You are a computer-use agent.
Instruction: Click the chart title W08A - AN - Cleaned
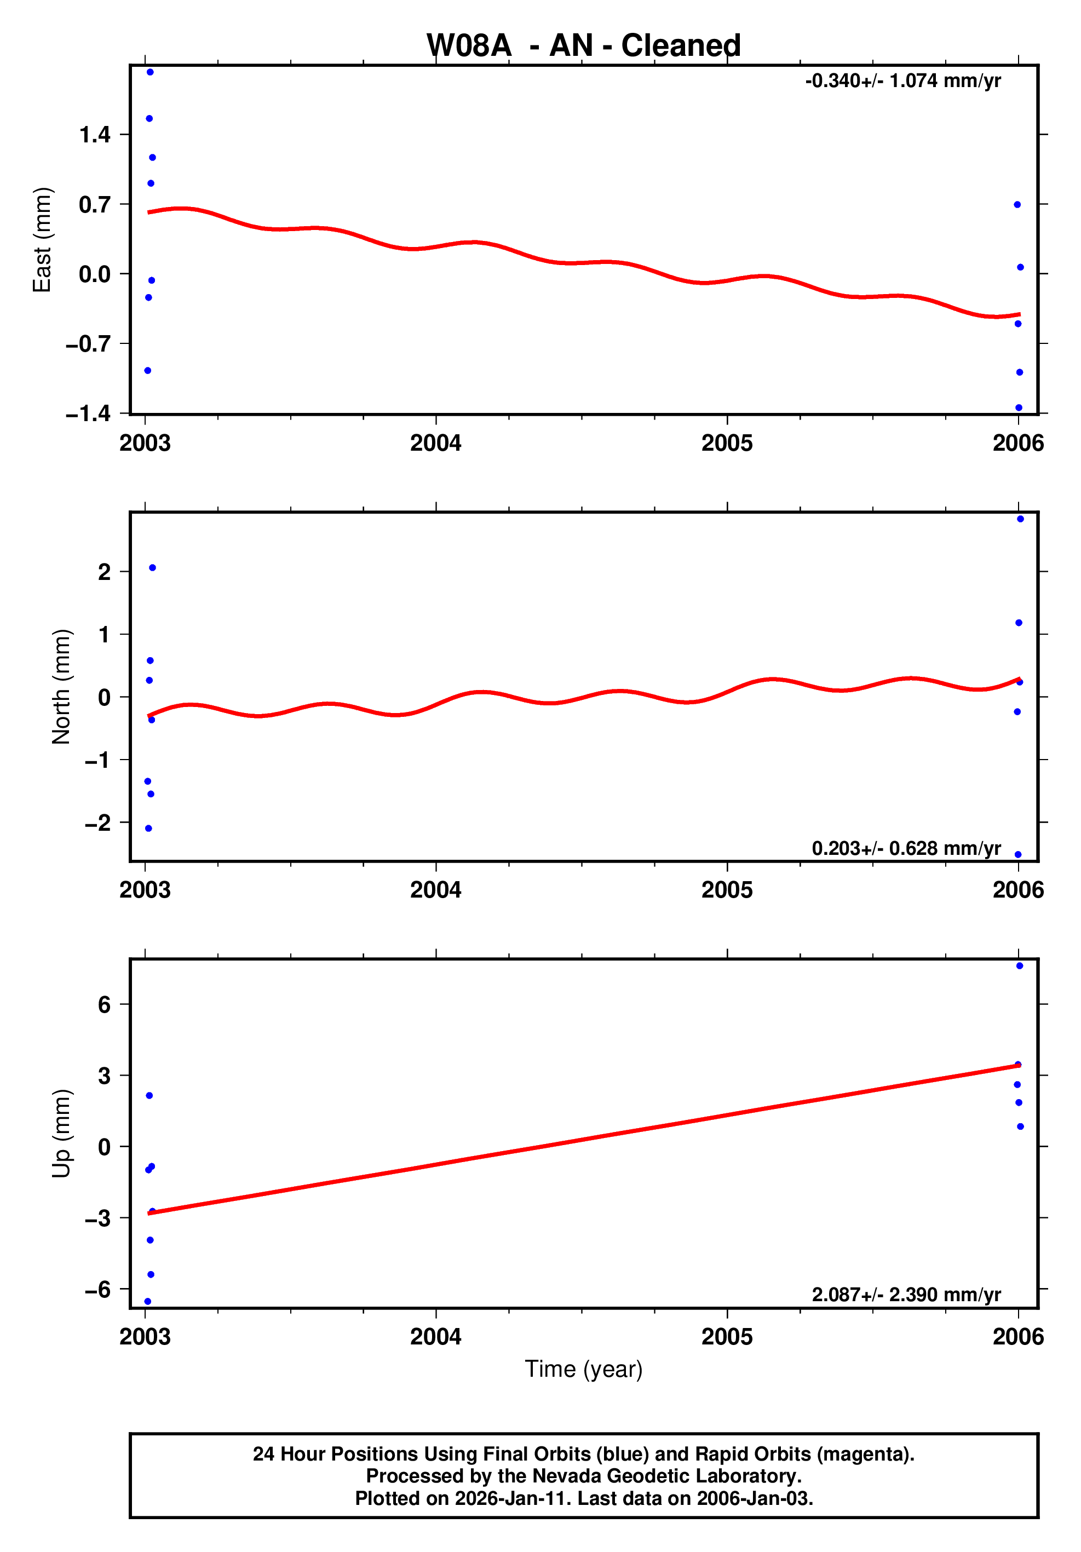point(583,46)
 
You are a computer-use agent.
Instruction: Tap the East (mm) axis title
point(42,240)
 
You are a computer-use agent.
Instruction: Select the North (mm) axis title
point(61,687)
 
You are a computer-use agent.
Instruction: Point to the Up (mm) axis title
point(61,1134)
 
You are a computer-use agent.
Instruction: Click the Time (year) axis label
point(583,1369)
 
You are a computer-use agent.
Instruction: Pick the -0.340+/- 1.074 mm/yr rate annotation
point(902,81)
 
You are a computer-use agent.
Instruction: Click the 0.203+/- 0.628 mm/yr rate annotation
point(906,848)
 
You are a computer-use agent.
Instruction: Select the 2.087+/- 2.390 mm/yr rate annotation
point(906,1295)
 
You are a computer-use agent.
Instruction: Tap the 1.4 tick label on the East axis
point(95,135)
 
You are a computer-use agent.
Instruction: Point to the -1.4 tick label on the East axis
point(88,413)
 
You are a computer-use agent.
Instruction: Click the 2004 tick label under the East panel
point(435,444)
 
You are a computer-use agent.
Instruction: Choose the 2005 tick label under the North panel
point(727,890)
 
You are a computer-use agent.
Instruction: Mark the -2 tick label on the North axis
point(97,823)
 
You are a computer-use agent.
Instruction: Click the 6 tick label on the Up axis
point(104,1005)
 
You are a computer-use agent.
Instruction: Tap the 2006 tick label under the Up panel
point(1018,1337)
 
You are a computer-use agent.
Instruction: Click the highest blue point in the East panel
point(150,72)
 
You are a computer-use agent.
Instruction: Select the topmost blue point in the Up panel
point(1020,966)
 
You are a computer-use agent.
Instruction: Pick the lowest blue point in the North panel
point(1018,854)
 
